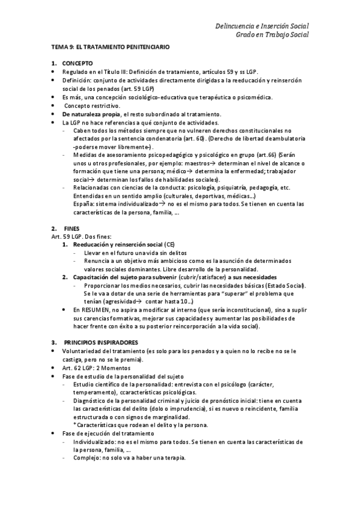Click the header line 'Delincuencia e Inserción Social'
(262, 26)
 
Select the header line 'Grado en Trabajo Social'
(272, 35)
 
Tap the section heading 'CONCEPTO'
(75, 63)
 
